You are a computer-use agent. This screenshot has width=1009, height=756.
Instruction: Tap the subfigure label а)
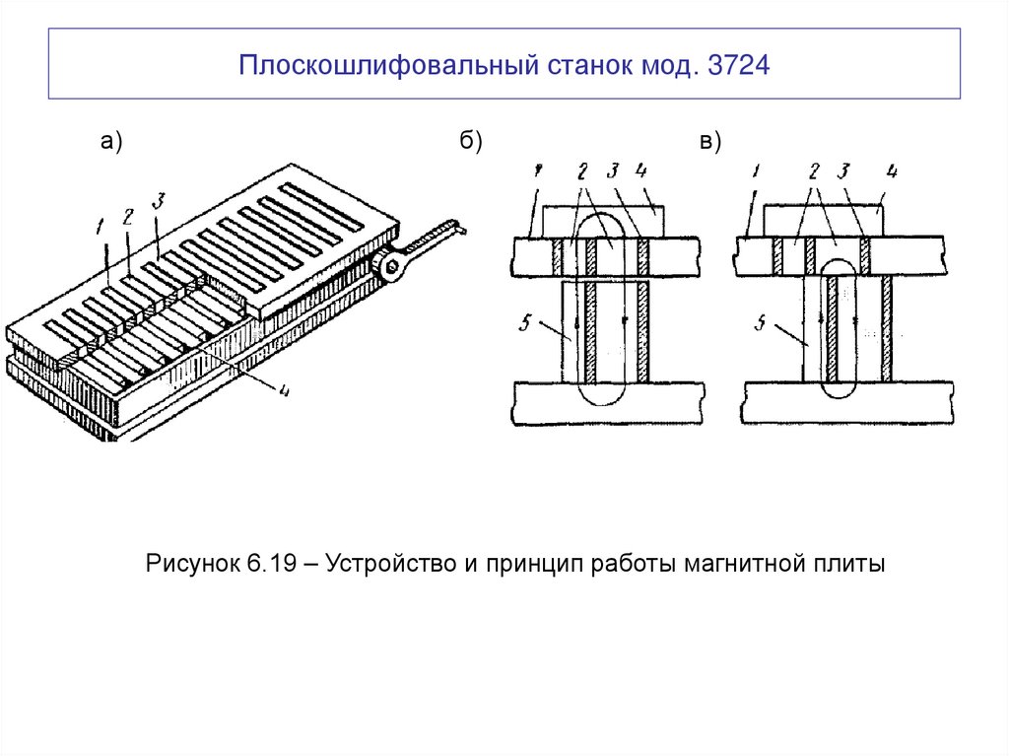point(110,143)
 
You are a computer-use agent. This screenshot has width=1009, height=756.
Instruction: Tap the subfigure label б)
point(470,143)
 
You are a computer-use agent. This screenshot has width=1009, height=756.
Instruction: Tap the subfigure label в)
point(710,143)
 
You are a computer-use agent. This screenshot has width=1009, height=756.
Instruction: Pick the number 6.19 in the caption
point(267,565)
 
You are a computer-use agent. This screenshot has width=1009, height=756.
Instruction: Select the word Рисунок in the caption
point(191,565)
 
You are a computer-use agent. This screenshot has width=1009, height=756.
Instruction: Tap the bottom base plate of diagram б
point(608,404)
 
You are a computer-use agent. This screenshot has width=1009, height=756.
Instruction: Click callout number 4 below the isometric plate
point(284,390)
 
